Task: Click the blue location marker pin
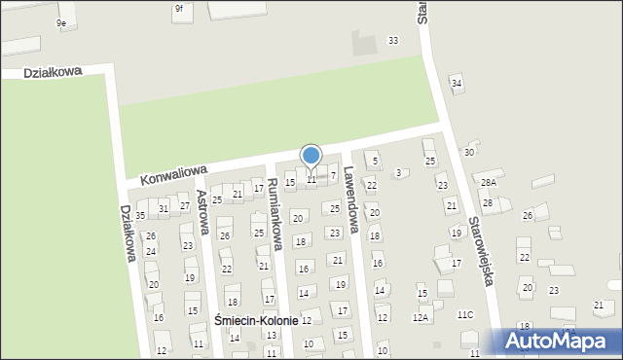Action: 311,157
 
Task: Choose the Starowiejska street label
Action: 483,249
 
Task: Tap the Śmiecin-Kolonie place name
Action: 256,321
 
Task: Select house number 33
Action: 392,40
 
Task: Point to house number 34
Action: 457,84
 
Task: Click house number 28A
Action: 489,182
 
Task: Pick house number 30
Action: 469,152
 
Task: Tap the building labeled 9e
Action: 61,22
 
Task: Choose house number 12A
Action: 421,316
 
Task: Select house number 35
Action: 140,215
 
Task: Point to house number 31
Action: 164,209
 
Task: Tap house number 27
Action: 184,206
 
